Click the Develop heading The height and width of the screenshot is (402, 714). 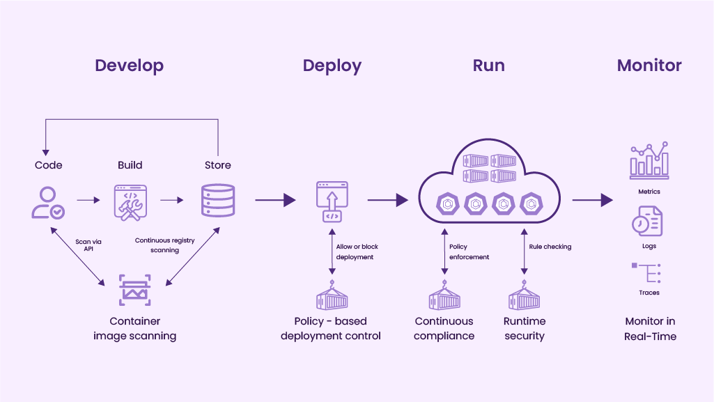point(129,66)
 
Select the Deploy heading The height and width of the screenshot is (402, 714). point(332,66)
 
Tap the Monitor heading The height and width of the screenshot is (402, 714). point(649,66)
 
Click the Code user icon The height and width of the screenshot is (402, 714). point(48,202)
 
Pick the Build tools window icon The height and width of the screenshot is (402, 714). point(130,202)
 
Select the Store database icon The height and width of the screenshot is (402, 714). point(217,201)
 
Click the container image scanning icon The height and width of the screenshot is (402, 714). point(134,290)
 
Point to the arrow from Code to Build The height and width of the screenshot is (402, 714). point(88,201)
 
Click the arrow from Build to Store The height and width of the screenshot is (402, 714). point(172,201)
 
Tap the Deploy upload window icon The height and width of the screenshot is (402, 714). point(332,201)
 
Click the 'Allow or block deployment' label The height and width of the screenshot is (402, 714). point(357,252)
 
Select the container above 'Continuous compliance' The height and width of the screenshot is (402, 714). point(444,295)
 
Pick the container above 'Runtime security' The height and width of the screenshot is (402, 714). point(524,295)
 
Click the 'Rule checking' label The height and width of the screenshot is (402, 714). point(550,247)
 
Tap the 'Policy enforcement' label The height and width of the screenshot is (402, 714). point(469,252)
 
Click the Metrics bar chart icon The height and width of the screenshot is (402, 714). point(649,160)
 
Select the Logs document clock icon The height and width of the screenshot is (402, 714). point(647,222)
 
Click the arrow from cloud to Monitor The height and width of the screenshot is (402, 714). point(592,201)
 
